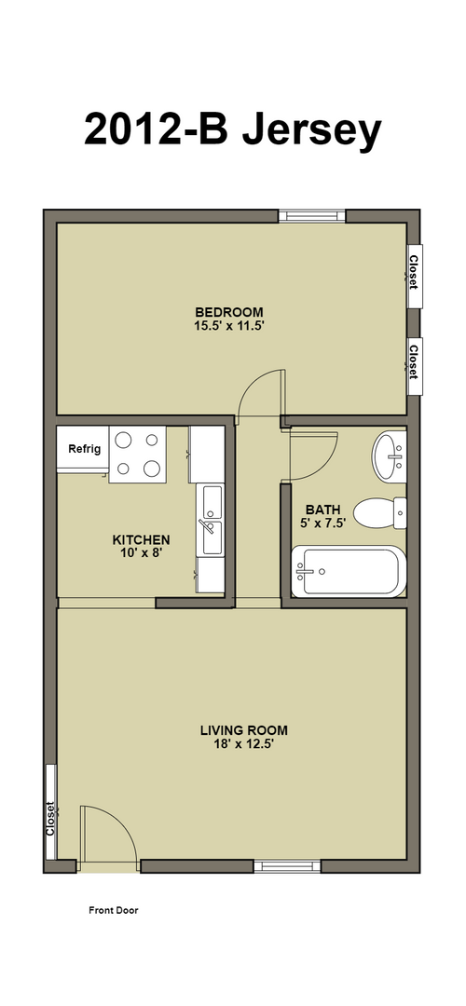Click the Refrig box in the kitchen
coord(84,449)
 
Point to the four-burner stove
coord(138,455)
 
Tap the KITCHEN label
coord(142,539)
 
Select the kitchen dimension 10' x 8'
coord(142,552)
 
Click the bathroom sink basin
coord(389,456)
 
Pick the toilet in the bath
coord(380,513)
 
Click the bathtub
coord(349,571)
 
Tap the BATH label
coord(322,510)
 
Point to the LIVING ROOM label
coord(244,730)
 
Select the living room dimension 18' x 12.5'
coord(244,744)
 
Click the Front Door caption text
coord(113,910)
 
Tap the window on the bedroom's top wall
coord(312,216)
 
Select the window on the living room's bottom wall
coord(287,867)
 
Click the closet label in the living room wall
coord(50,819)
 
